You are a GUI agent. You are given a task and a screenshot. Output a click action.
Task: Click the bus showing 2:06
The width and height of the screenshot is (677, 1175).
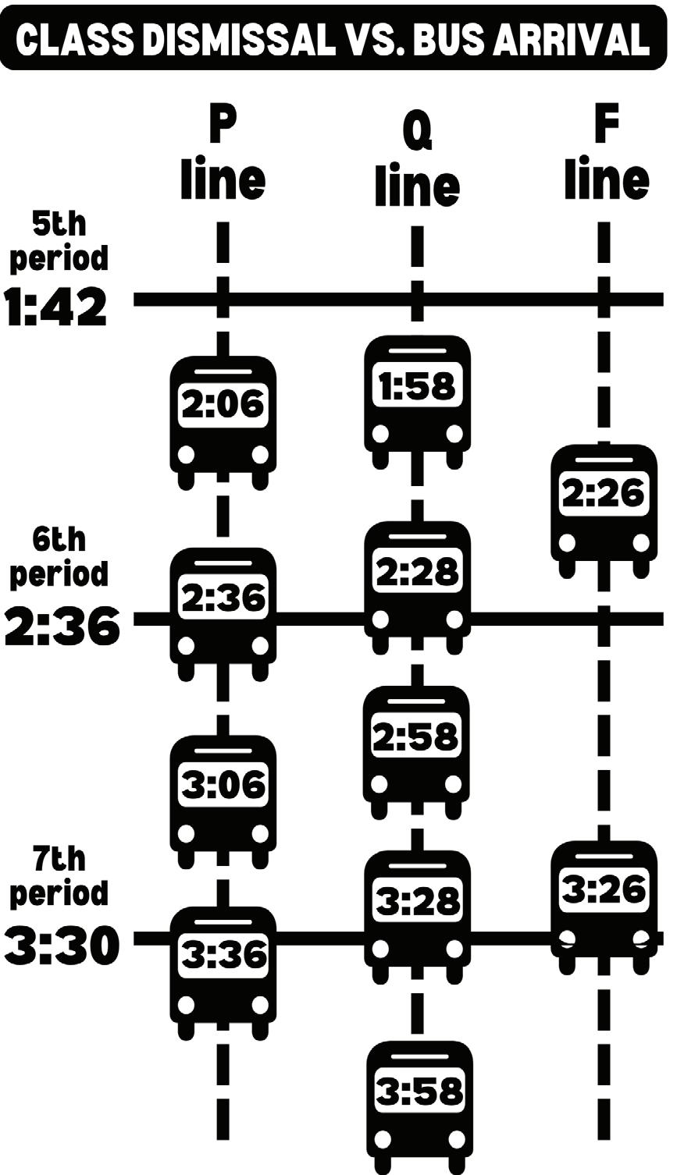(x=223, y=418)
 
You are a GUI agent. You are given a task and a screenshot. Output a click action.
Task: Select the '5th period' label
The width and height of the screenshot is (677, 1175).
(x=59, y=241)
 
